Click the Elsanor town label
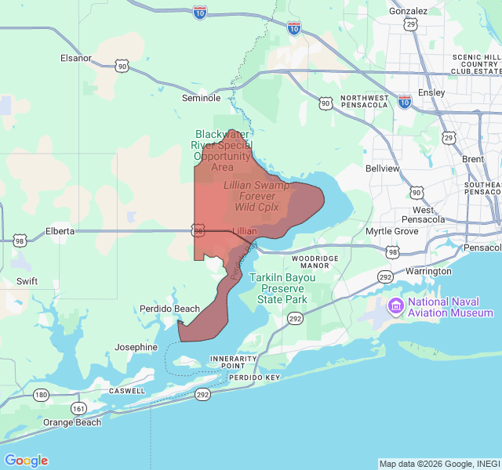pyautogui.click(x=76, y=58)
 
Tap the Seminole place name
pyautogui.click(x=201, y=98)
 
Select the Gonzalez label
pyautogui.click(x=409, y=11)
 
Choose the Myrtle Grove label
pyautogui.click(x=392, y=231)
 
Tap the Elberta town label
pyautogui.click(x=60, y=231)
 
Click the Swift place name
pyautogui.click(x=27, y=280)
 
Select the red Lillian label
pyautogui.click(x=245, y=231)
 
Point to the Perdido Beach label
pyautogui.click(x=170, y=309)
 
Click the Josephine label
pyautogui.click(x=136, y=347)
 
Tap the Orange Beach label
pyautogui.click(x=72, y=422)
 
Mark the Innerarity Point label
pyautogui.click(x=234, y=362)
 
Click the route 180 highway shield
pyautogui.click(x=41, y=395)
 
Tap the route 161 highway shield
pyautogui.click(x=78, y=408)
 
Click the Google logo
pyautogui.click(x=26, y=461)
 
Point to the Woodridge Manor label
pyautogui.click(x=315, y=262)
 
